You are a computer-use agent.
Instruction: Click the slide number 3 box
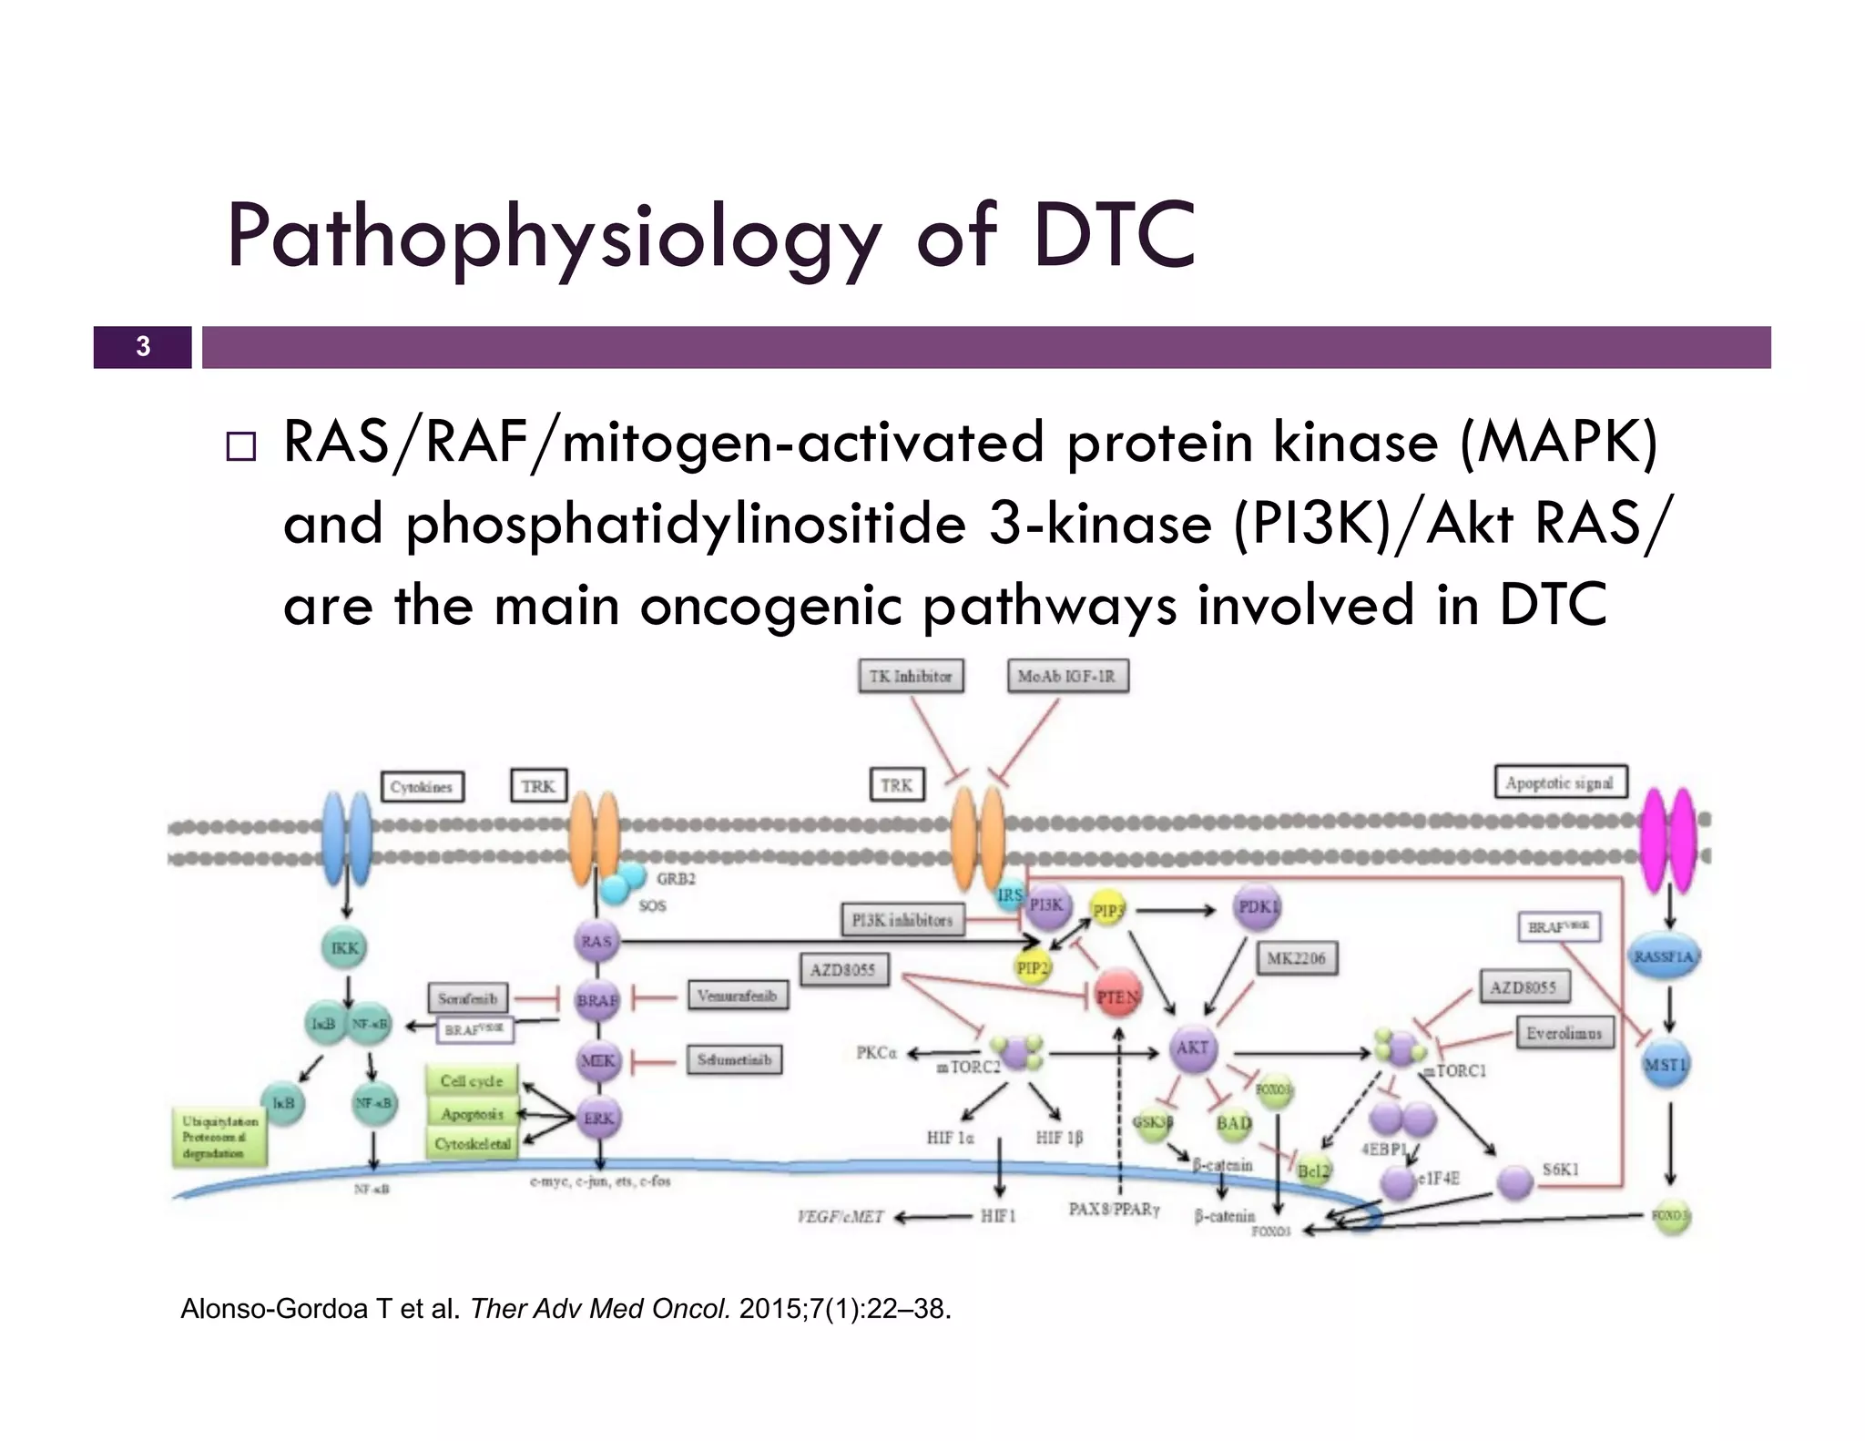point(142,347)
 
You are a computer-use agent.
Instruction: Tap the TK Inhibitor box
point(910,676)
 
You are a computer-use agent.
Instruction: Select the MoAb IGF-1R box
point(1066,676)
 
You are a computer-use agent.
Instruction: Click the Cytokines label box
point(421,787)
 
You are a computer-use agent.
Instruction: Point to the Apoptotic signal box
point(1560,782)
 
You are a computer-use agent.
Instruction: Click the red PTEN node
point(1117,997)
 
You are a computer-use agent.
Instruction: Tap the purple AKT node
point(1192,1048)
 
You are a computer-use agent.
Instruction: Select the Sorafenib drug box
point(467,998)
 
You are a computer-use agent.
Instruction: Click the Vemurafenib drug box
point(737,996)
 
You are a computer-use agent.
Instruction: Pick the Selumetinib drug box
point(734,1059)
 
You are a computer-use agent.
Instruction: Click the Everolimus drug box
point(1564,1033)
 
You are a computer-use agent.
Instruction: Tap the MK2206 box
point(1296,958)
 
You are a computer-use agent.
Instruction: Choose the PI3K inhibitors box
point(902,920)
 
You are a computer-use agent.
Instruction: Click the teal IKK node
point(345,948)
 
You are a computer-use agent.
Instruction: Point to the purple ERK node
point(598,1119)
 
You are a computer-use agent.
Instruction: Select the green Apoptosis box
point(472,1113)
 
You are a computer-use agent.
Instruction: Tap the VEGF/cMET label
point(840,1217)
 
